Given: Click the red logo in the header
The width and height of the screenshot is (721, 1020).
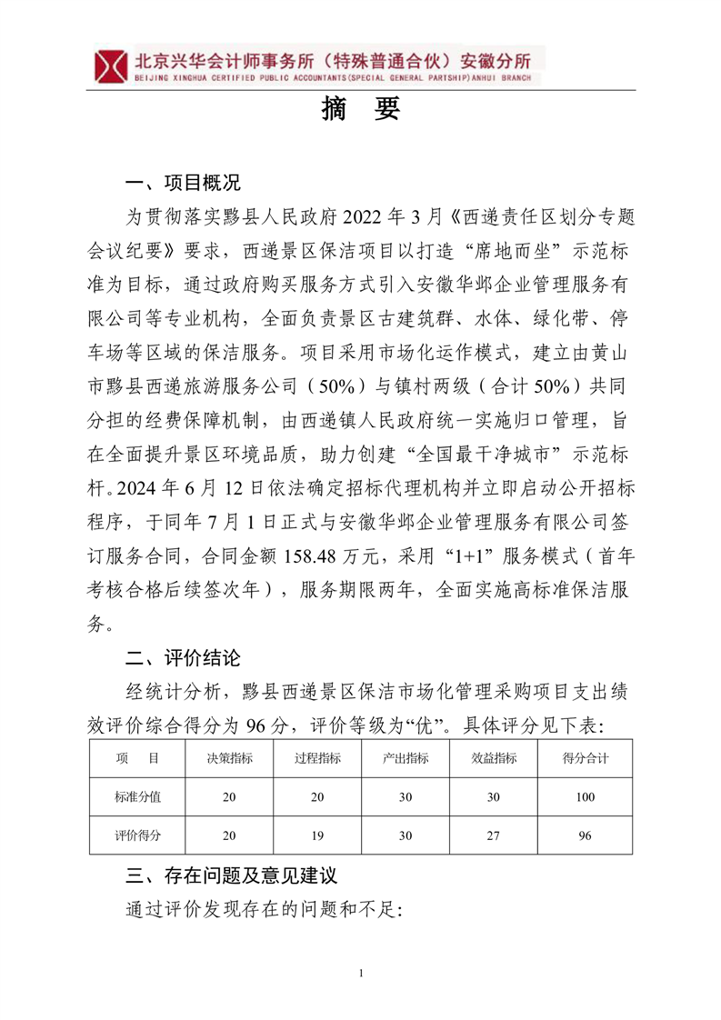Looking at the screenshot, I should [x=112, y=65].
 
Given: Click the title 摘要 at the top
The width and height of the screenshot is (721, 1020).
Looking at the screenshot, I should [x=361, y=110].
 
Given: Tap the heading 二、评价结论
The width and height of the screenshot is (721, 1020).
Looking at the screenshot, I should [x=183, y=657].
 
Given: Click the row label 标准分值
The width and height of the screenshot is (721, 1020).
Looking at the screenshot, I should [x=137, y=797].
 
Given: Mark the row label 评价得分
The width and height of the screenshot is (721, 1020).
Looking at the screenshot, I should [x=137, y=835].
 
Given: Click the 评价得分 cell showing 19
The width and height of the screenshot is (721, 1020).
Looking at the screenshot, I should [x=318, y=835].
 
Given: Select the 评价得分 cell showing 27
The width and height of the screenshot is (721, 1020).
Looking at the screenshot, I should [x=495, y=835].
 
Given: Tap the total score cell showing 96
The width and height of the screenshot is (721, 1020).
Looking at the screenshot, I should [x=585, y=835].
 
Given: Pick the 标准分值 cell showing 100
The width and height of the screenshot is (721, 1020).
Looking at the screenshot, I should [x=585, y=797].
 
